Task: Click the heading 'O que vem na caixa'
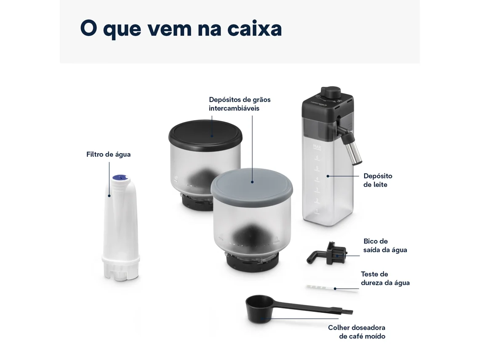(181, 29)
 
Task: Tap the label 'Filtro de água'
(108, 154)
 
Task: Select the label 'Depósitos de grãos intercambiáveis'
(240, 104)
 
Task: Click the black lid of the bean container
(205, 134)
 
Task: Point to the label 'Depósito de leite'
(378, 180)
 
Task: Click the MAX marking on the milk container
(317, 147)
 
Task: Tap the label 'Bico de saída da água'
(385, 245)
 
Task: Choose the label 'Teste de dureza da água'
(385, 278)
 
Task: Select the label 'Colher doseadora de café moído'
(357, 332)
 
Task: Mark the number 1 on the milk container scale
(317, 211)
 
